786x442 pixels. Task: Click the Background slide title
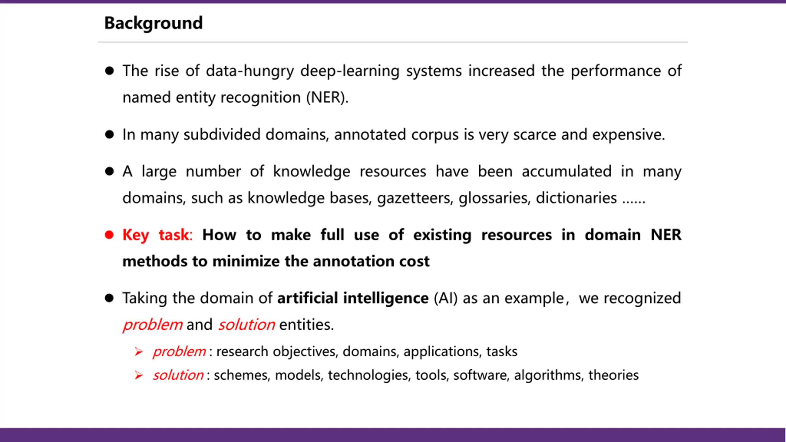(154, 23)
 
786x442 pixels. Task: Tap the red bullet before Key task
(109, 235)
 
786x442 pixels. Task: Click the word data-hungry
(250, 71)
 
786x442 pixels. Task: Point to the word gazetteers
(415, 198)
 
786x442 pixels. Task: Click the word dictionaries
(576, 198)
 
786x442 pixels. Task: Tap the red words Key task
(157, 235)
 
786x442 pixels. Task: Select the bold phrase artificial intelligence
(353, 298)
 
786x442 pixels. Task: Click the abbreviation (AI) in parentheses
(446, 298)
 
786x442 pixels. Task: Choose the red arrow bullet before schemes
(139, 375)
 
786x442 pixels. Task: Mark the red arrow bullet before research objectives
(139, 351)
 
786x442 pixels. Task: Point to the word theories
(613, 375)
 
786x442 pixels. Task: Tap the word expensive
(628, 135)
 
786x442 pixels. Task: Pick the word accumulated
(566, 171)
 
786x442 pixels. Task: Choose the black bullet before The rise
(109, 71)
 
